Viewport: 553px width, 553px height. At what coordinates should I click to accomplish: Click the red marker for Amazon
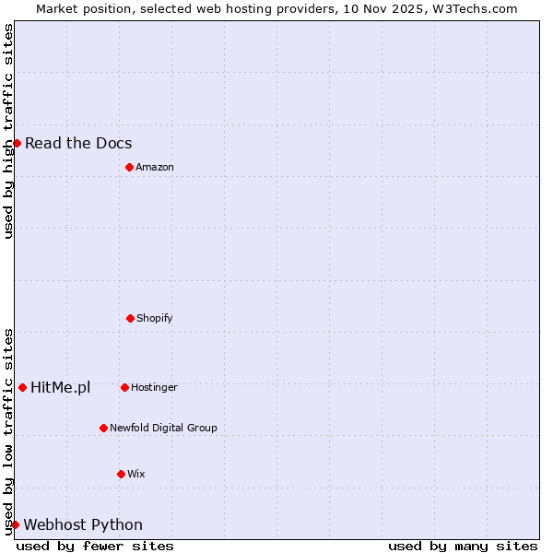coord(129,167)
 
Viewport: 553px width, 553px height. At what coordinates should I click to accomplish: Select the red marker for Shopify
coord(130,318)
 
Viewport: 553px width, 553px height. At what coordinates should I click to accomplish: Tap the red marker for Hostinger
coord(124,387)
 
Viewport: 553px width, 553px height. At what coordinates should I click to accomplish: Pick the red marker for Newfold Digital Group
coord(103,428)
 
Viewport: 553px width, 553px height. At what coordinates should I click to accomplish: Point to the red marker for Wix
coord(121,474)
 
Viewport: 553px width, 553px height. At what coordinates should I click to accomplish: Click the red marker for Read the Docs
coord(17,143)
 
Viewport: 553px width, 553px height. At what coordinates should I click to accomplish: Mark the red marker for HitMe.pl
coord(22,387)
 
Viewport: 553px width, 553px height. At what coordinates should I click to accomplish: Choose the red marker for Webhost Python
coord(15,524)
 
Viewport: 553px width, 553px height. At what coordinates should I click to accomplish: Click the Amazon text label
coord(155,167)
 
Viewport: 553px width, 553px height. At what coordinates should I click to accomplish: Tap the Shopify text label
coord(155,318)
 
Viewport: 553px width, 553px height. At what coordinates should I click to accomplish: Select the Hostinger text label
coord(154,387)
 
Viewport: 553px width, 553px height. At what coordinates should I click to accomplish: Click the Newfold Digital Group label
coord(163,428)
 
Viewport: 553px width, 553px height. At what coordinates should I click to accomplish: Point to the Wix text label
coord(136,474)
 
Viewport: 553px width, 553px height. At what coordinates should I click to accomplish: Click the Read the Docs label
coord(78,143)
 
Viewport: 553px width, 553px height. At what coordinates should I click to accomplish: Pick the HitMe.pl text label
coord(61,387)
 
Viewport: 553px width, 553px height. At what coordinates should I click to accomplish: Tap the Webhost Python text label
coord(83,524)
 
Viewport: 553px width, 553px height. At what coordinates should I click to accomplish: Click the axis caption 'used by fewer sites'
coord(95,546)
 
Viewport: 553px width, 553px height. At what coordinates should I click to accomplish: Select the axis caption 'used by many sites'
coord(463,546)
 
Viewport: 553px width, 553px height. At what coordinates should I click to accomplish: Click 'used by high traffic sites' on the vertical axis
coord(8,131)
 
